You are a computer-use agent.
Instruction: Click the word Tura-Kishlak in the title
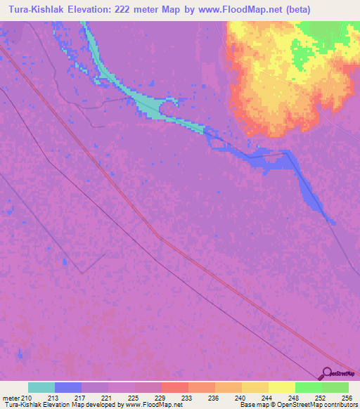click(x=35, y=9)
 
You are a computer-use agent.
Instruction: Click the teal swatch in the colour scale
click(x=41, y=387)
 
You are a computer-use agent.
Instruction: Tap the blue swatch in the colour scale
click(x=68, y=387)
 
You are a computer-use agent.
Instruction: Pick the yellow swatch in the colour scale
click(x=282, y=387)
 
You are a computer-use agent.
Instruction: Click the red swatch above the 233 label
click(x=175, y=387)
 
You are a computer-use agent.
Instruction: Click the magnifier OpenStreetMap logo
click(x=328, y=374)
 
